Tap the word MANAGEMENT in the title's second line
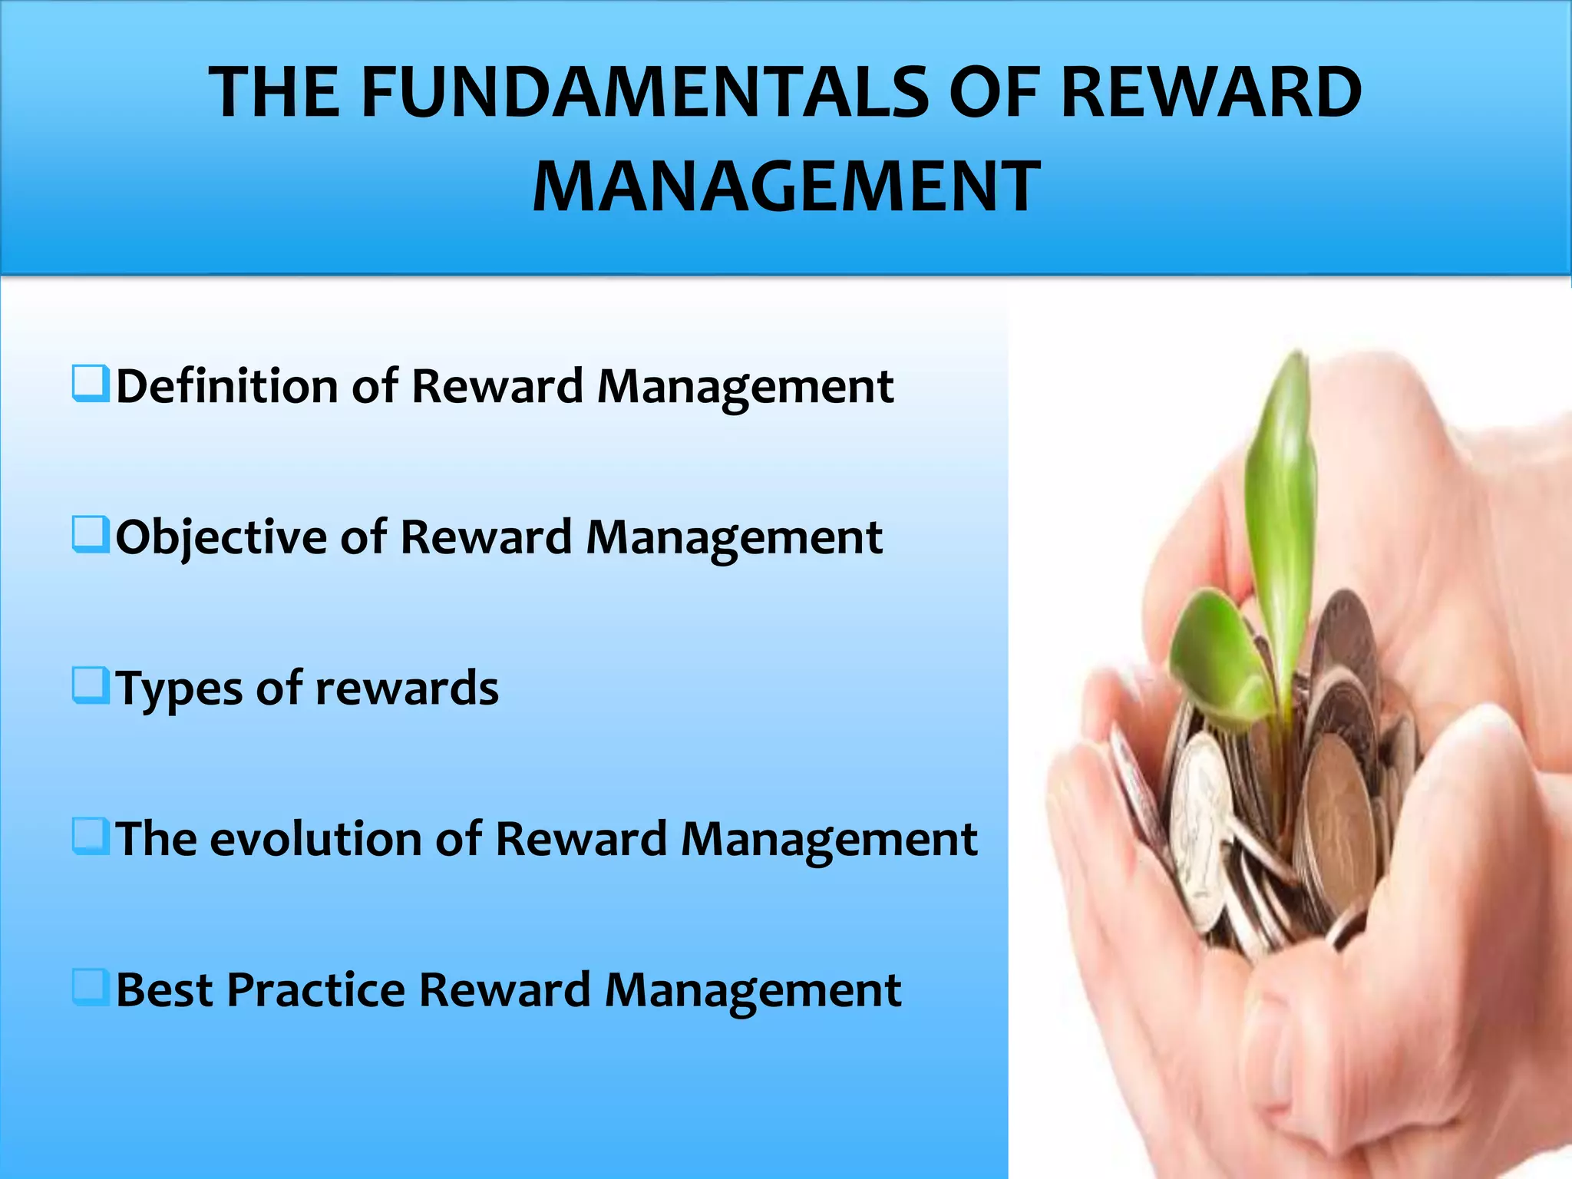(786, 187)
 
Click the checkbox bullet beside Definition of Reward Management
(91, 383)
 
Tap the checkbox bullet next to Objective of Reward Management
(91, 534)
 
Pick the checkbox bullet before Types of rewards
(91, 685)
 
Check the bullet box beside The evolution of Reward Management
(91, 836)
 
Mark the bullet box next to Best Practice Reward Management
(91, 987)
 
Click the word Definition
(227, 385)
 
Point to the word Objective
(221, 537)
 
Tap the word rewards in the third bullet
(407, 689)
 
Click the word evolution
(315, 838)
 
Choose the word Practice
(315, 989)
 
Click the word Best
(163, 989)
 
